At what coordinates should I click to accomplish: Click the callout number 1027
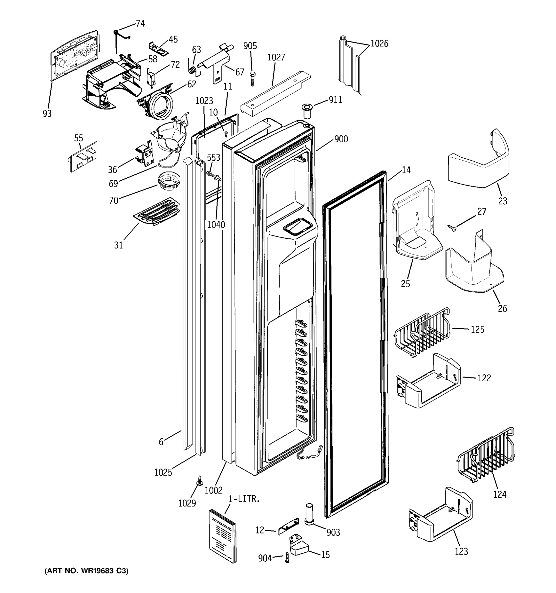pyautogui.click(x=276, y=57)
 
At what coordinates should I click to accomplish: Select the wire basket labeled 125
pyautogui.click(x=422, y=331)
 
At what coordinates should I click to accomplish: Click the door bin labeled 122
pyautogui.click(x=428, y=381)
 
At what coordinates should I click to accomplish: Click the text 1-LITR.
pyautogui.click(x=244, y=499)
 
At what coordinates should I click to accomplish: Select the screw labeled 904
pyautogui.click(x=287, y=557)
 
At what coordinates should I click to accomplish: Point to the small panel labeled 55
pyautogui.click(x=84, y=156)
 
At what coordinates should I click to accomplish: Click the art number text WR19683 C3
pyautogui.click(x=86, y=571)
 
